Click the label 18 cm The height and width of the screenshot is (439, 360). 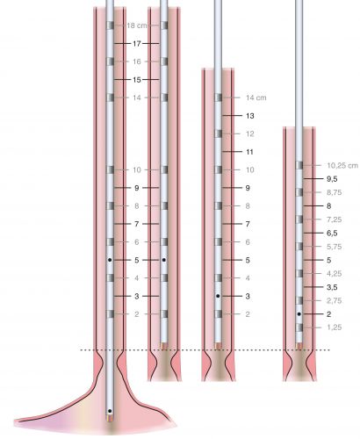click(137, 25)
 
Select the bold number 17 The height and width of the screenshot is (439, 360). click(137, 44)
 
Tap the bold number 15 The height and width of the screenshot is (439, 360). click(137, 80)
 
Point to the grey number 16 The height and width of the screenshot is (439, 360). click(137, 61)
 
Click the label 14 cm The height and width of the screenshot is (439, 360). click(256, 97)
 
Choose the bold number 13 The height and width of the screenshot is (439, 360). click(249, 116)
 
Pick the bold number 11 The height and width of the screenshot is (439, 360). click(249, 152)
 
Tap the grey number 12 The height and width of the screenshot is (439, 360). click(249, 134)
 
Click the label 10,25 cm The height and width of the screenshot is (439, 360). click(342, 166)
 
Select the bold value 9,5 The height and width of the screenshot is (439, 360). click(332, 179)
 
